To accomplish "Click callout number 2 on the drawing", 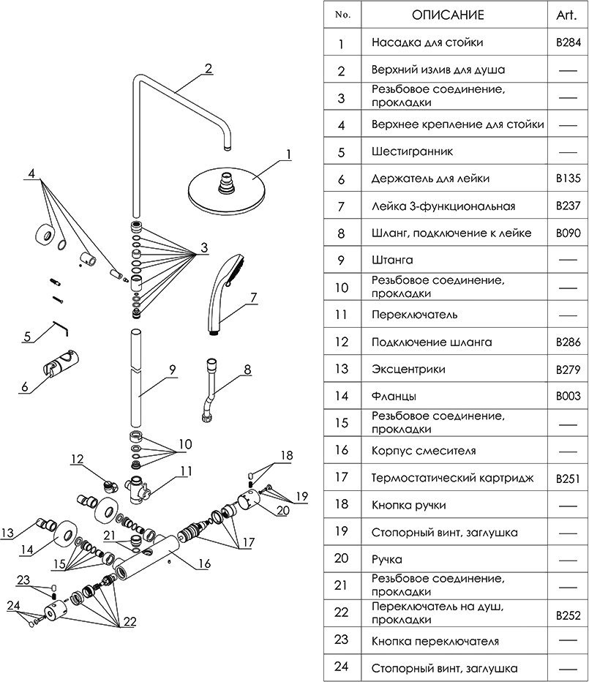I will [209, 69].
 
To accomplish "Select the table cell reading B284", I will [568, 42].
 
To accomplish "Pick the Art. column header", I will [568, 15].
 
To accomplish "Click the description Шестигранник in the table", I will [412, 151].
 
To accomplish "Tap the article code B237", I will [568, 206].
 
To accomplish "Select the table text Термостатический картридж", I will [452, 478].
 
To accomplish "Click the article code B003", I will [568, 396].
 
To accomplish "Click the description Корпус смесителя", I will [424, 451].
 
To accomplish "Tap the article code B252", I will [568, 613].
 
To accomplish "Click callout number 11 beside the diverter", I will [186, 471].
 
